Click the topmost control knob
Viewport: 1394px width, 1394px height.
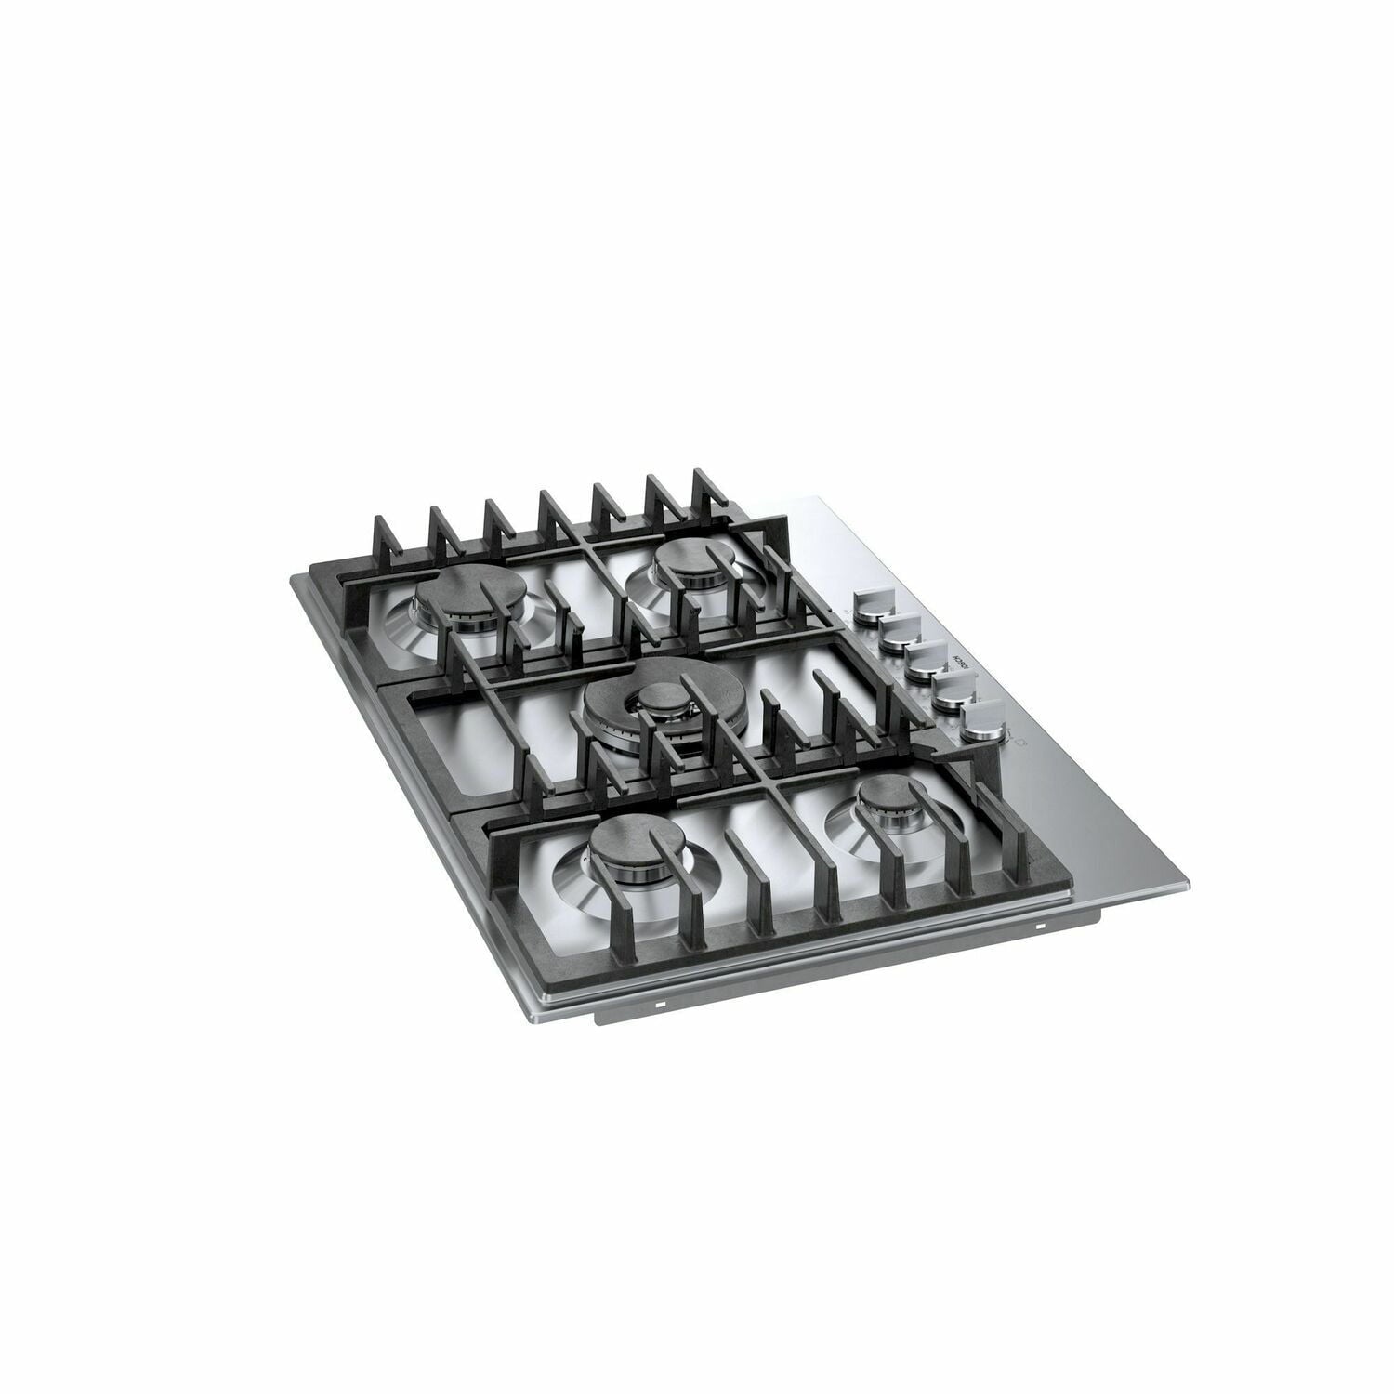(x=874, y=602)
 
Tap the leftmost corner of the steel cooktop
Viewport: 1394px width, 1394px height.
(x=290, y=578)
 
